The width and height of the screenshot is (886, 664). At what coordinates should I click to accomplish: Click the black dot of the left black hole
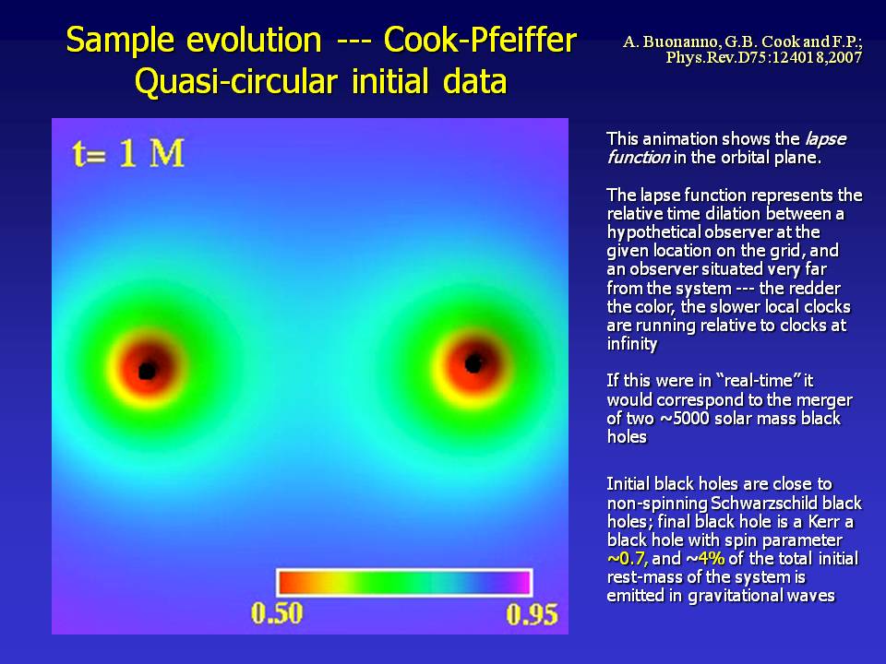tap(148, 371)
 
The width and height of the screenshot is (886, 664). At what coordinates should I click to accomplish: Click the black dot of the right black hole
tap(473, 363)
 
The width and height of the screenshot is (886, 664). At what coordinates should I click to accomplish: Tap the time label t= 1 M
tap(129, 153)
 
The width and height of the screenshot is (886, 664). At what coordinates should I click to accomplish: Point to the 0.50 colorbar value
tap(277, 614)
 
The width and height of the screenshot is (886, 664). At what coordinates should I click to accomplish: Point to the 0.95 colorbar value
tap(532, 614)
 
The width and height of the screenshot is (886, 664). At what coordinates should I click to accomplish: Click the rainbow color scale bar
tap(404, 583)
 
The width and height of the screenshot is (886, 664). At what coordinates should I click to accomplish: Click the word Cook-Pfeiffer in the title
tap(480, 40)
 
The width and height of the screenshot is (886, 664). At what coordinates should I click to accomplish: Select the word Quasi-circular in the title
tap(236, 81)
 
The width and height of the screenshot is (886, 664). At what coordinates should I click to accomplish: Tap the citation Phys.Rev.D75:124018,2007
tap(764, 57)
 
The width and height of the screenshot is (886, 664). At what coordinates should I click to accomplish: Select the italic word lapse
tap(825, 139)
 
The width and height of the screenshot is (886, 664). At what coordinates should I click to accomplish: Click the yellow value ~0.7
tap(628, 559)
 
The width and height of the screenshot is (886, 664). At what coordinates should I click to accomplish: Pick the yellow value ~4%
tap(705, 559)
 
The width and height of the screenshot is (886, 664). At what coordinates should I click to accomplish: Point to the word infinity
tap(631, 344)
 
